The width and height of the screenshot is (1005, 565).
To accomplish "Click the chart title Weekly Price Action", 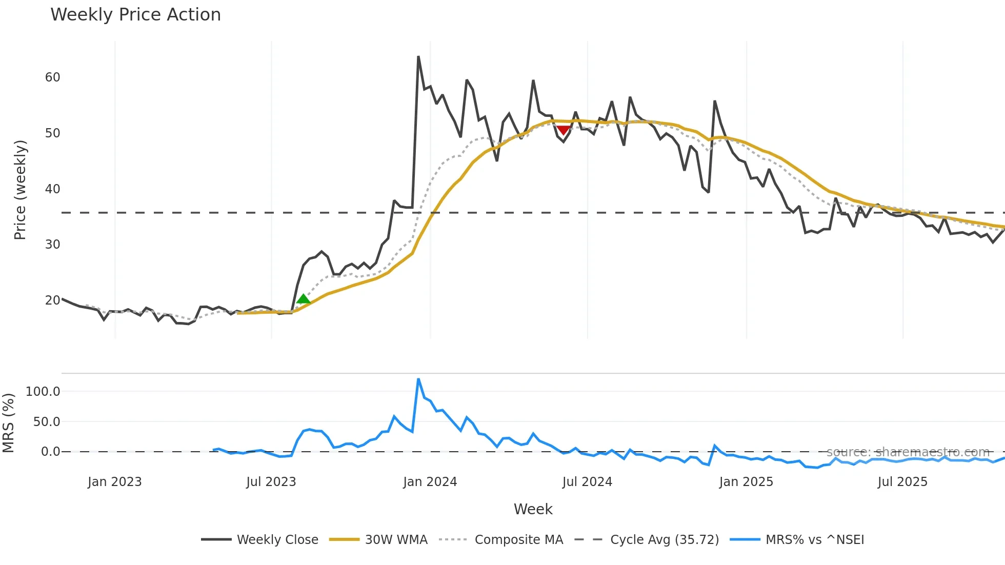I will point(135,15).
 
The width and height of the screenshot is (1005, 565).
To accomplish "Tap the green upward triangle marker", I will point(303,299).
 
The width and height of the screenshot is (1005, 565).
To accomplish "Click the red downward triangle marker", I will point(563,130).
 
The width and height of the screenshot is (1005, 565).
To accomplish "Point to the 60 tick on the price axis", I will point(52,77).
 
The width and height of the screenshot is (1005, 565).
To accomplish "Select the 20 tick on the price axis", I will point(52,300).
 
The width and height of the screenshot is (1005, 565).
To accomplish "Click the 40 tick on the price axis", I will point(52,189).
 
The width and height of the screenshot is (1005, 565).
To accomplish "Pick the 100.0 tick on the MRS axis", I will point(43,392).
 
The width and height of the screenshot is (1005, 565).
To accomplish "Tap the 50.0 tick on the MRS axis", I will point(46,422).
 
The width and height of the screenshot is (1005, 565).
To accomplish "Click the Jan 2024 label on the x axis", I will point(430,482).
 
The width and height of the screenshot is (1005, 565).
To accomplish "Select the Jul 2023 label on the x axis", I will point(271,482).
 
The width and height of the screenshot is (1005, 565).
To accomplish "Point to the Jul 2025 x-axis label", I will point(902,482).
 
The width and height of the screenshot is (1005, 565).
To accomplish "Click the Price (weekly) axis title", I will point(19,190).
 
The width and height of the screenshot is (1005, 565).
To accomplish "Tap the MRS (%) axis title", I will point(8,423).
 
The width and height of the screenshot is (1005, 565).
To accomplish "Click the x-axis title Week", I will point(533,509).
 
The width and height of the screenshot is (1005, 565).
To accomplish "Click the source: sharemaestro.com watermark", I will point(908,452).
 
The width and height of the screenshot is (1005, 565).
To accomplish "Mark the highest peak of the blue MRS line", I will point(418,379).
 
